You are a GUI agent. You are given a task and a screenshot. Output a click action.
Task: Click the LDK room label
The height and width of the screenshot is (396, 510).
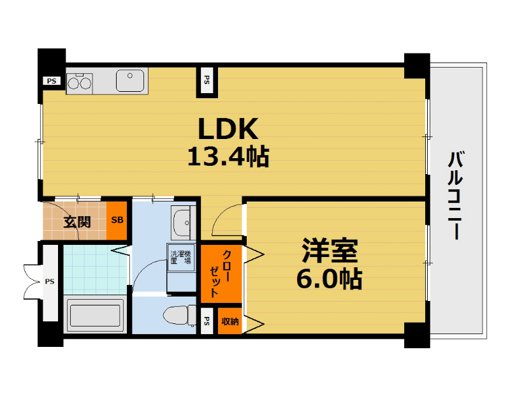228,129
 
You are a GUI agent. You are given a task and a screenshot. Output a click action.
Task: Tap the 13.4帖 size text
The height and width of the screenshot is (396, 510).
228,156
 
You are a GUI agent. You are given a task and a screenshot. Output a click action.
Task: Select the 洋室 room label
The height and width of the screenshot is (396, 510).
330,252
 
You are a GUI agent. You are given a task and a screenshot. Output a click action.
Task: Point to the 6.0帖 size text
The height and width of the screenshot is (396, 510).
330,279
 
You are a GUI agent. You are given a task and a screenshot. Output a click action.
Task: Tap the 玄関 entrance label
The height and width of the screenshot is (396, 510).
76,222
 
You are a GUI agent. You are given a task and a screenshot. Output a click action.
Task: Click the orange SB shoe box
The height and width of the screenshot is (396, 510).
117,221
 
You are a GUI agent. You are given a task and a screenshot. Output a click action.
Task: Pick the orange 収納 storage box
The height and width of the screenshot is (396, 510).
229,321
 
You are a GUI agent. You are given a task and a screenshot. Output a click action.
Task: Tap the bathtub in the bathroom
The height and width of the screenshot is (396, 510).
95,316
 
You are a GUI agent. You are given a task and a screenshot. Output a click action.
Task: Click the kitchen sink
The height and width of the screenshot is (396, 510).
131,80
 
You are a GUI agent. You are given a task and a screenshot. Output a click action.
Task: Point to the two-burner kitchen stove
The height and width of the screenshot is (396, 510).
80,82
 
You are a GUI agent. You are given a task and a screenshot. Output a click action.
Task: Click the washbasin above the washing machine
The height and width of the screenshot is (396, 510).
183,223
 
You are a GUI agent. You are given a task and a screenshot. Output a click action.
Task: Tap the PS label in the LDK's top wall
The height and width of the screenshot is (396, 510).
207,80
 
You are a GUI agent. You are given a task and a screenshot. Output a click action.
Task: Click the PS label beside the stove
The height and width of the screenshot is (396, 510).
51,81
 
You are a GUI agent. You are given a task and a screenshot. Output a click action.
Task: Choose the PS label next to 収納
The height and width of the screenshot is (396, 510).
207,321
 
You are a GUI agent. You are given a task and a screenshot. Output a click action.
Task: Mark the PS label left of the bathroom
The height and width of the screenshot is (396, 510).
50,281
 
